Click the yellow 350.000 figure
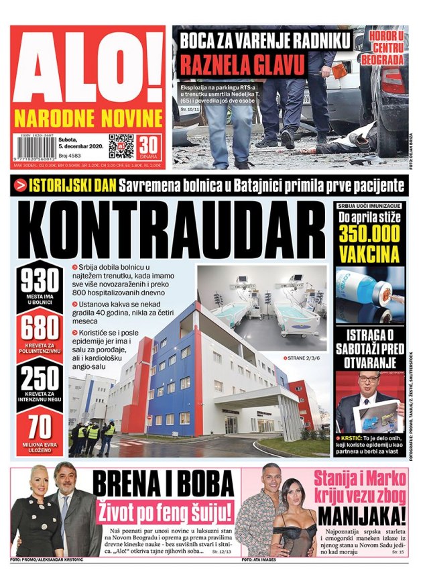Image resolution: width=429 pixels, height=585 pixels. pos(369,234)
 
